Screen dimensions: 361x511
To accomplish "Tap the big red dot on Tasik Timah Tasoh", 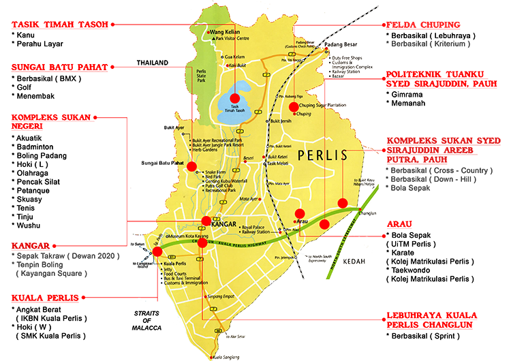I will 236,98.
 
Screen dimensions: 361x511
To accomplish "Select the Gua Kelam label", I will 234,57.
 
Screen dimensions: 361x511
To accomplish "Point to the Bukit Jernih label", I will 285,121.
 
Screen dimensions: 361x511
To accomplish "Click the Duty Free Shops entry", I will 350,59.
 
